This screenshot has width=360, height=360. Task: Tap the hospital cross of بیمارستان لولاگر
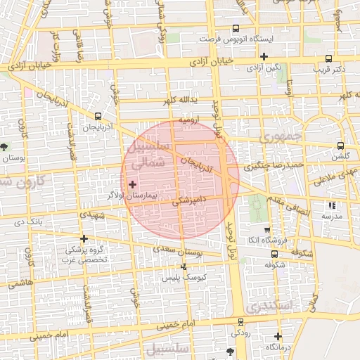[133, 184]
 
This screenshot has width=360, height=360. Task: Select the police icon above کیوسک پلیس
[184, 266]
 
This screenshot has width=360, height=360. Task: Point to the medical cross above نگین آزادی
[264, 56]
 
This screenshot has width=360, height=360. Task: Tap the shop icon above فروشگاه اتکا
[266, 230]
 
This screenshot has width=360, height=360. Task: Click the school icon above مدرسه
[331, 206]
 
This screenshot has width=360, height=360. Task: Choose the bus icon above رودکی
[240, 322]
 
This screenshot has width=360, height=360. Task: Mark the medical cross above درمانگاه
[278, 336]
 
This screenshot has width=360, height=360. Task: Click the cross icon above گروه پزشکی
[84, 238]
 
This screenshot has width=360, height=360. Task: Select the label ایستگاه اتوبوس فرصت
[244, 41]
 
